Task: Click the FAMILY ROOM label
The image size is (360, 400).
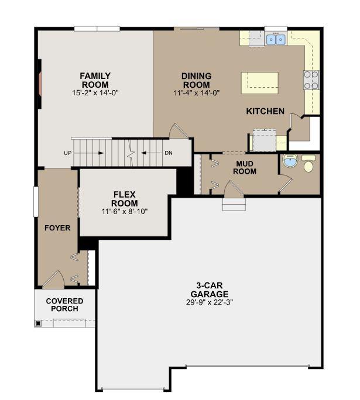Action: coord(95,80)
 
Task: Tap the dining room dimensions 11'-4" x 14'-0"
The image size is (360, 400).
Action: coord(197,92)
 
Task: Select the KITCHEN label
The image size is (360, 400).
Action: coord(265,111)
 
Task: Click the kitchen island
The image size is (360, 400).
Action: coord(260,83)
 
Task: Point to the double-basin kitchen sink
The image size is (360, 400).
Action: coord(276,39)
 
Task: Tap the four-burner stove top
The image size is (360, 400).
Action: coord(311,80)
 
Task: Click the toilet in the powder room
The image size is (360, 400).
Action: coord(308,163)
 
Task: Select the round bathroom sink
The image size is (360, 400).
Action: coord(290,161)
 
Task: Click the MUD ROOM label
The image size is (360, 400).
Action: coord(245,167)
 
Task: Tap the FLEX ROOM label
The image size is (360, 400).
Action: coord(125,199)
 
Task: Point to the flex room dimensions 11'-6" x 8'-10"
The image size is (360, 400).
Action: coord(125,212)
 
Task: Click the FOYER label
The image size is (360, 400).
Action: coord(57,228)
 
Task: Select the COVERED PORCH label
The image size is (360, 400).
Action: coord(64,305)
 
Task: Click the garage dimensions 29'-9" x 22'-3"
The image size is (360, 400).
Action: coord(210,302)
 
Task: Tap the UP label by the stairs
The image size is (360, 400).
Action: coord(68,153)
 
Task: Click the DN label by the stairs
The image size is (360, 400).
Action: coord(169,153)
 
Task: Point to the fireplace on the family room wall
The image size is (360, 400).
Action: coord(40,84)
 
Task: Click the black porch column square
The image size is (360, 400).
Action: coord(38,323)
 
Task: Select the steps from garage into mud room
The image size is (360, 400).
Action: coord(234,204)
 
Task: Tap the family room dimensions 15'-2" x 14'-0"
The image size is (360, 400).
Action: coord(95,92)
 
